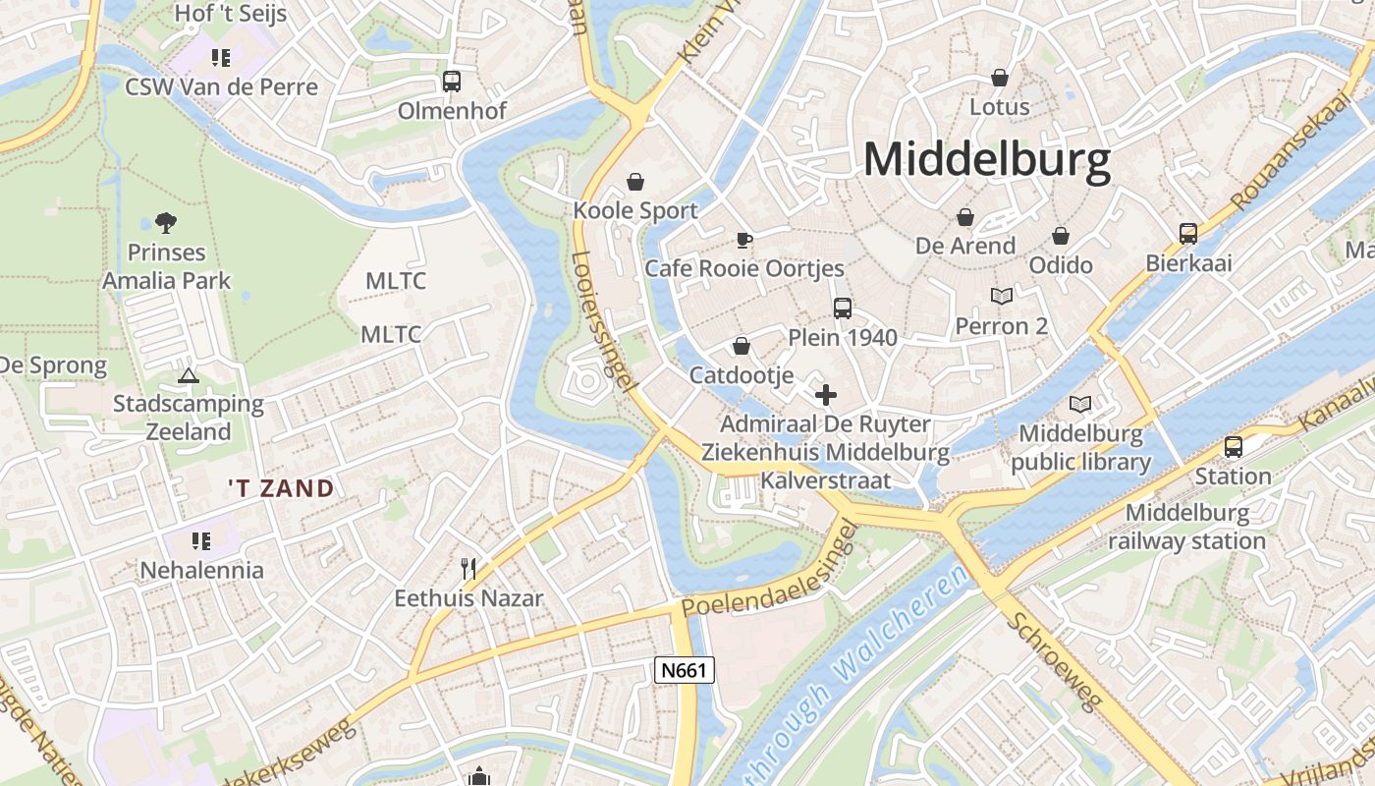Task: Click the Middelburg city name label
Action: (x=986, y=159)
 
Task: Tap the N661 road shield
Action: (x=685, y=671)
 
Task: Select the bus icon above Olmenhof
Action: (x=452, y=82)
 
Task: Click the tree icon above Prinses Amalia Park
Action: (x=166, y=224)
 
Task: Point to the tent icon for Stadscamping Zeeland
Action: (x=188, y=375)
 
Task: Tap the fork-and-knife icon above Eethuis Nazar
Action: (x=468, y=568)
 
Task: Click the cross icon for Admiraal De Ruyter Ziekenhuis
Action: (x=826, y=395)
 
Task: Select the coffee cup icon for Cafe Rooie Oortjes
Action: (x=743, y=241)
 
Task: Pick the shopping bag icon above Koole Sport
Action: (x=635, y=182)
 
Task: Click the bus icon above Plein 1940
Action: (x=843, y=309)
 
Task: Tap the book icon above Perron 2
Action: (x=1001, y=296)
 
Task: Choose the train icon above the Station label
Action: (x=1233, y=447)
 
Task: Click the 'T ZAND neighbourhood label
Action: (x=281, y=488)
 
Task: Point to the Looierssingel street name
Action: (x=600, y=319)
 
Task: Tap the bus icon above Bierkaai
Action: (x=1188, y=234)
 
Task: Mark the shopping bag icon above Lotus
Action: (x=1000, y=78)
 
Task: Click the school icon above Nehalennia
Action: (x=201, y=540)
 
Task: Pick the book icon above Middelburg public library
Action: (x=1080, y=404)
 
